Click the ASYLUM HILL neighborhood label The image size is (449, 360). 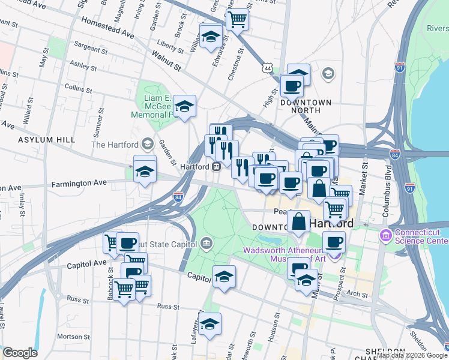pos(47,139)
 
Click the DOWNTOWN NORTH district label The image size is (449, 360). pos(306,107)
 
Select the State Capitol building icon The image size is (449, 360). pos(206,243)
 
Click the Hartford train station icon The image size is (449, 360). pos(215,167)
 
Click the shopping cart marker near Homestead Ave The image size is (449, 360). pos(238,20)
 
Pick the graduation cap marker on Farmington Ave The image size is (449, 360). pos(144,172)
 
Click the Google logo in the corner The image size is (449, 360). pos(20,353)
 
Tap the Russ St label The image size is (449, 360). pos(164,306)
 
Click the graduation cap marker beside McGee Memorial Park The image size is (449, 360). pos(186,106)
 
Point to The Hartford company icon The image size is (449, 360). pos(148,144)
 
